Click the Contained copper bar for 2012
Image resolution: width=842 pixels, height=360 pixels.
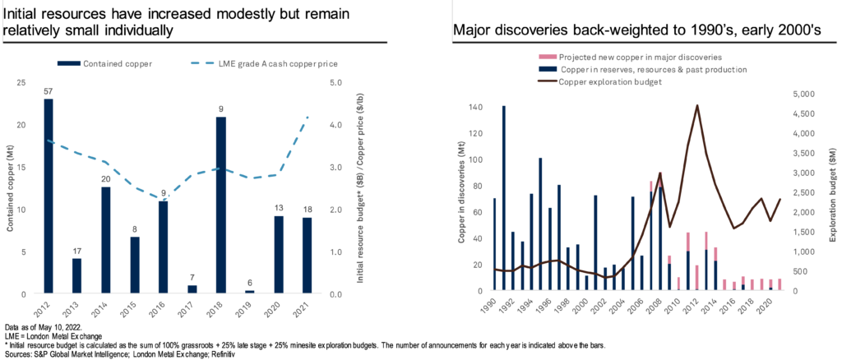[x=49, y=196]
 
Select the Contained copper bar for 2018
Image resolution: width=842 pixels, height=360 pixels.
[x=221, y=205]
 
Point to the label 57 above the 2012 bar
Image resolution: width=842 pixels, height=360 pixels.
[x=49, y=90]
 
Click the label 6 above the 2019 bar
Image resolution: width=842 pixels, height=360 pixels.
[x=250, y=282]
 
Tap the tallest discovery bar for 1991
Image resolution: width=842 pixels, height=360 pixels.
[x=503, y=198]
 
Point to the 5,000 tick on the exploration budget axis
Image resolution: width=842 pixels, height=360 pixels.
[x=810, y=94]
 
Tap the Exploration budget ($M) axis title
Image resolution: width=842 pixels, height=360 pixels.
[x=834, y=192]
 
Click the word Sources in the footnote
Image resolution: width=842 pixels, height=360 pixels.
[x=17, y=353]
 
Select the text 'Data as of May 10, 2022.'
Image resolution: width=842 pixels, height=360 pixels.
[x=38, y=327]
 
